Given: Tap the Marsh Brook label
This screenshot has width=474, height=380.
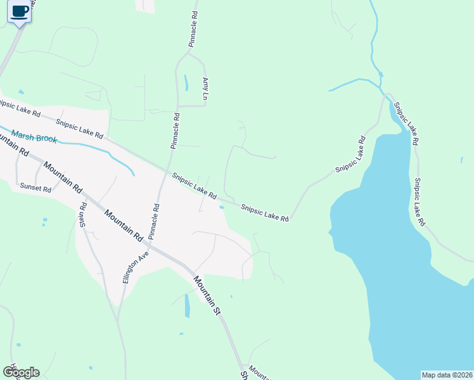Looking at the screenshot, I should click(x=34, y=138).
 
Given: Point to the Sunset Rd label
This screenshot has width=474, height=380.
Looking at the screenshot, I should click(x=35, y=187).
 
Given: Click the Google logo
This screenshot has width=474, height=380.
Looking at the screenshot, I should click(x=21, y=372).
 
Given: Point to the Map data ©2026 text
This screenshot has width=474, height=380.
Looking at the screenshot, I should click(x=447, y=375).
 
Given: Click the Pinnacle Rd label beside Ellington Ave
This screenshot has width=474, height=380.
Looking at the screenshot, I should click(x=153, y=221).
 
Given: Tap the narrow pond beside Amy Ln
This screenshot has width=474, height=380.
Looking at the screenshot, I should click(x=186, y=83).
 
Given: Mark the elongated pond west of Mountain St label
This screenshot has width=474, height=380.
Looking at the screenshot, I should click(x=187, y=307).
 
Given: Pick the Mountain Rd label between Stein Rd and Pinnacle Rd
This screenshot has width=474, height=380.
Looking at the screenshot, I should click(x=124, y=226).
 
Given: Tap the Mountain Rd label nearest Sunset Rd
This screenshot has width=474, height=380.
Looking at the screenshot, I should click(x=63, y=177).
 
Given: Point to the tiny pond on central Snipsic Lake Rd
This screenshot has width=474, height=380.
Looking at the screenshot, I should click(x=221, y=206).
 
